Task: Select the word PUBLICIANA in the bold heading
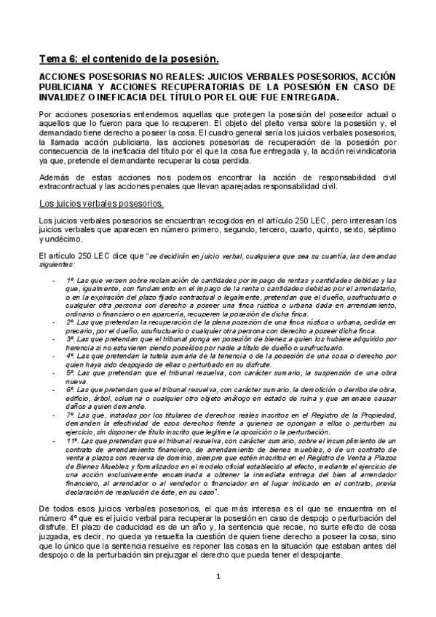point(68,86)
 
